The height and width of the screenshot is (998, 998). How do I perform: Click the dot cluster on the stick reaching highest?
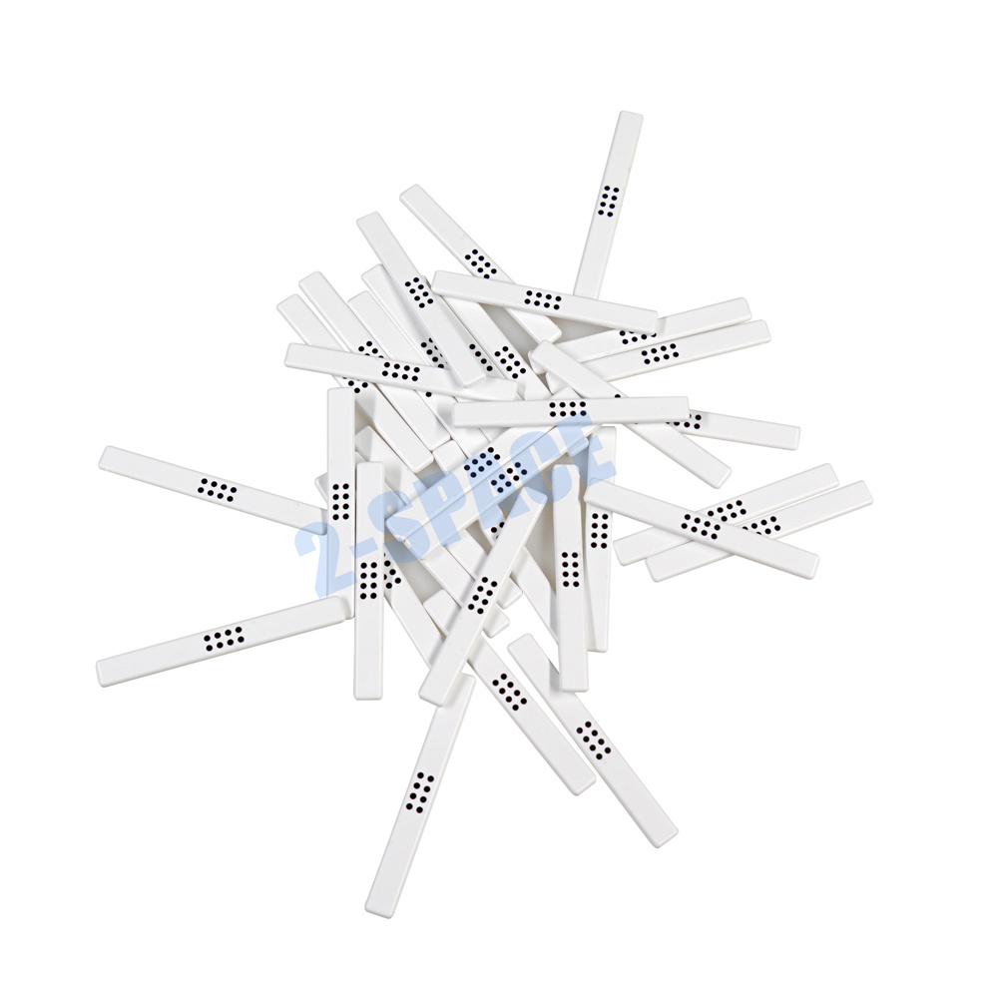609,202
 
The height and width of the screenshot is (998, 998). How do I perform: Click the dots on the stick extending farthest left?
217,489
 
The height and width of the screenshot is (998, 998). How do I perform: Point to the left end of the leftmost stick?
101,457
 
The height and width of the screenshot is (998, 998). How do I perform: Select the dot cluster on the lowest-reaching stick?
420,793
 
